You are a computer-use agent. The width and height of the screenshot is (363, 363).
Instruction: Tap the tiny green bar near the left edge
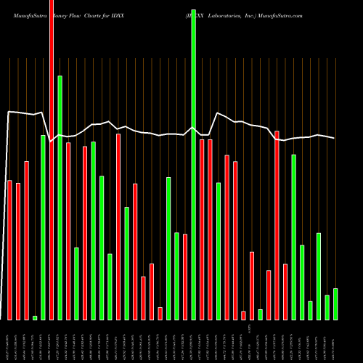(35, 317)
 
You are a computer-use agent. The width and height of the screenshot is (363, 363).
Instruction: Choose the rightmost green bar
(335, 304)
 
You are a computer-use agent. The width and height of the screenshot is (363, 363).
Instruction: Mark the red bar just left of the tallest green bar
(185, 277)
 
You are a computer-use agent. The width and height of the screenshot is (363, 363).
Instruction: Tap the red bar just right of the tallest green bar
(202, 229)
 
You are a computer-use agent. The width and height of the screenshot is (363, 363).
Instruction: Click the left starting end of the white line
(7, 112)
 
